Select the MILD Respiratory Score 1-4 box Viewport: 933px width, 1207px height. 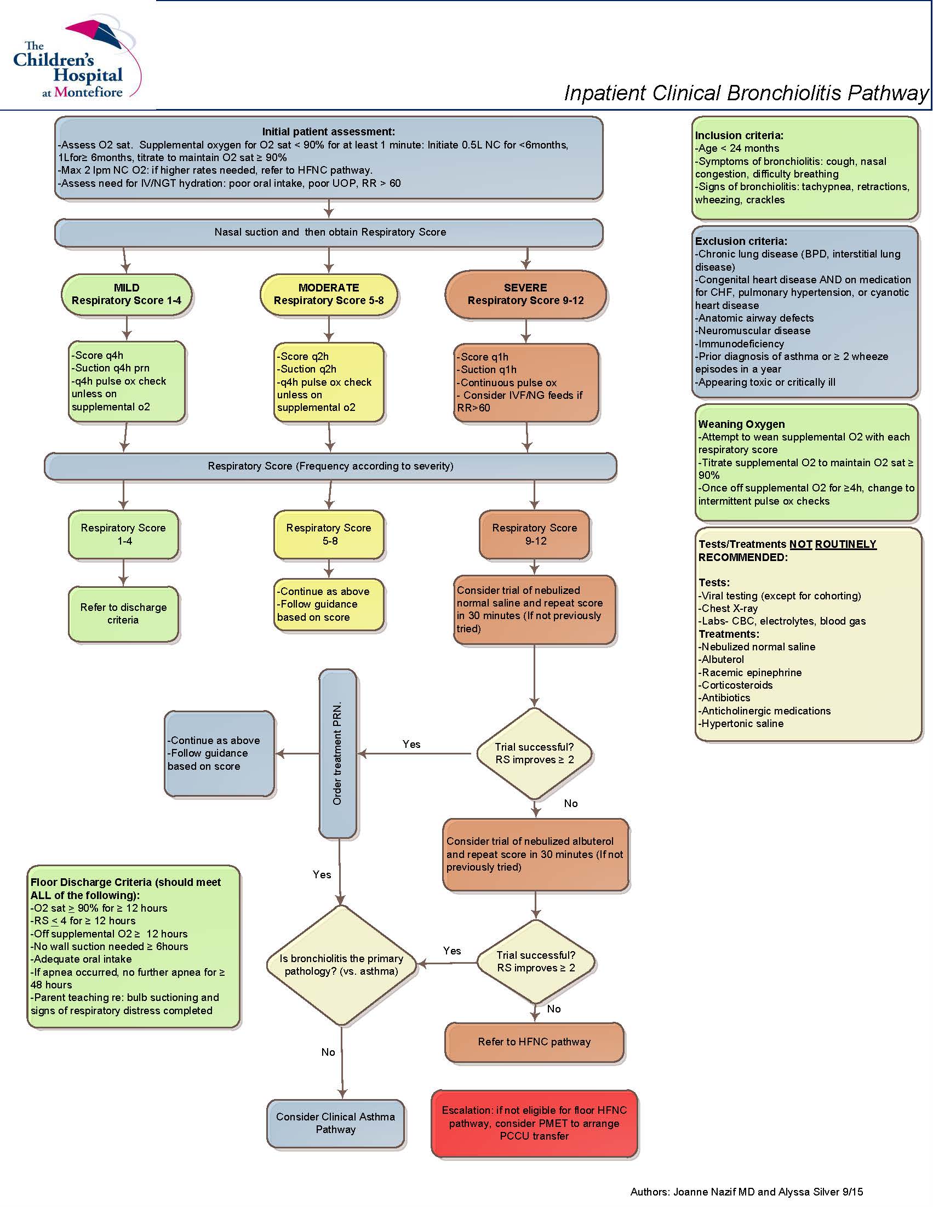126,295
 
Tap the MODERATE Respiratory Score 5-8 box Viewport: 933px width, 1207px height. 328,295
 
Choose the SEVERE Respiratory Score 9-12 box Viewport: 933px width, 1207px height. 525,295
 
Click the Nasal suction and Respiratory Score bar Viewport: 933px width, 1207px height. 329,233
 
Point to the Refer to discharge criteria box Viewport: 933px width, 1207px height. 123,614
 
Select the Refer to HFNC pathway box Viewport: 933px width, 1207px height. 534,1042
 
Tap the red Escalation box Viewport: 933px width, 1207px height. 534,1123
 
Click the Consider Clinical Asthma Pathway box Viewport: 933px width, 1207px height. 335,1123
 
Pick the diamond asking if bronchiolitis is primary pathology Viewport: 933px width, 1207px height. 341,965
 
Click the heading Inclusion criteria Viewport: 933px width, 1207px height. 739,135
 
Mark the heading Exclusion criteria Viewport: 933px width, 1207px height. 741,241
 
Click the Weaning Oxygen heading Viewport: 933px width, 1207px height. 741,424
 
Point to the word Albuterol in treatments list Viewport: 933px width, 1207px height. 723,659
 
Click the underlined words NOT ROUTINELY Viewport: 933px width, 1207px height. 832,545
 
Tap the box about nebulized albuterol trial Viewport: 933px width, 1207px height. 535,854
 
